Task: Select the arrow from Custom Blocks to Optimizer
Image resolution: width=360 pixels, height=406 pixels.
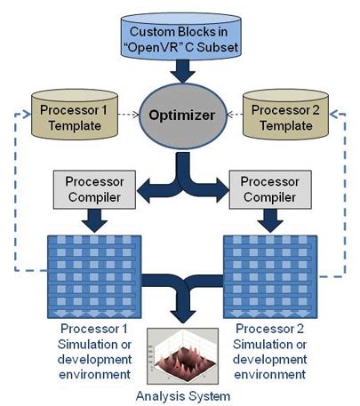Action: click(x=181, y=68)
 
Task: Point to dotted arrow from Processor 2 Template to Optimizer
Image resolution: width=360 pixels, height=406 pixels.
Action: click(x=230, y=115)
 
